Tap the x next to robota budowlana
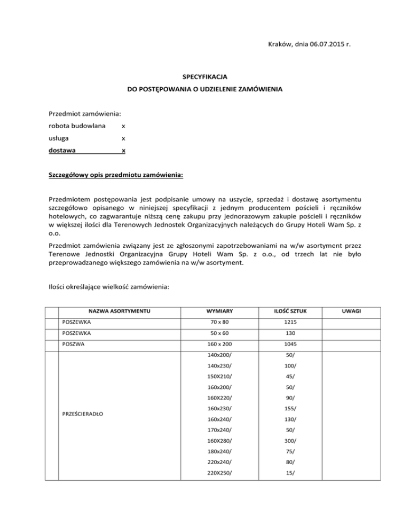(123, 127)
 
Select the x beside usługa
(123, 138)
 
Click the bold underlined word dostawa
(62, 151)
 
